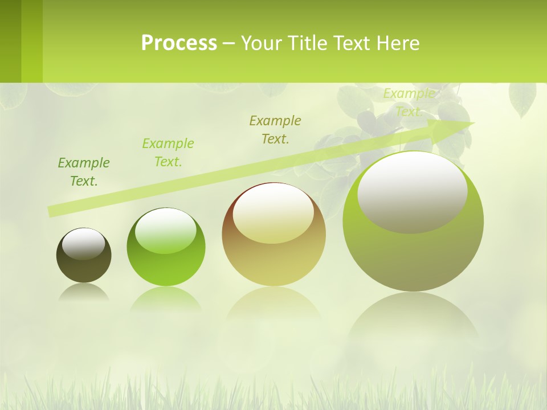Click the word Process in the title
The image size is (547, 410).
pos(179,43)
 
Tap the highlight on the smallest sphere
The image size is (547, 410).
pos(84,244)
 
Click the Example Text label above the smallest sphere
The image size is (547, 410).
pos(84,172)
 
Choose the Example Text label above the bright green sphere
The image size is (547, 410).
pos(168,153)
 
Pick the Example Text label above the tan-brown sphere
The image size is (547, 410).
pos(275,129)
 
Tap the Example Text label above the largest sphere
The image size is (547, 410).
pos(409,102)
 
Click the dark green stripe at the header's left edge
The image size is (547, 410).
pos(10,41)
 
